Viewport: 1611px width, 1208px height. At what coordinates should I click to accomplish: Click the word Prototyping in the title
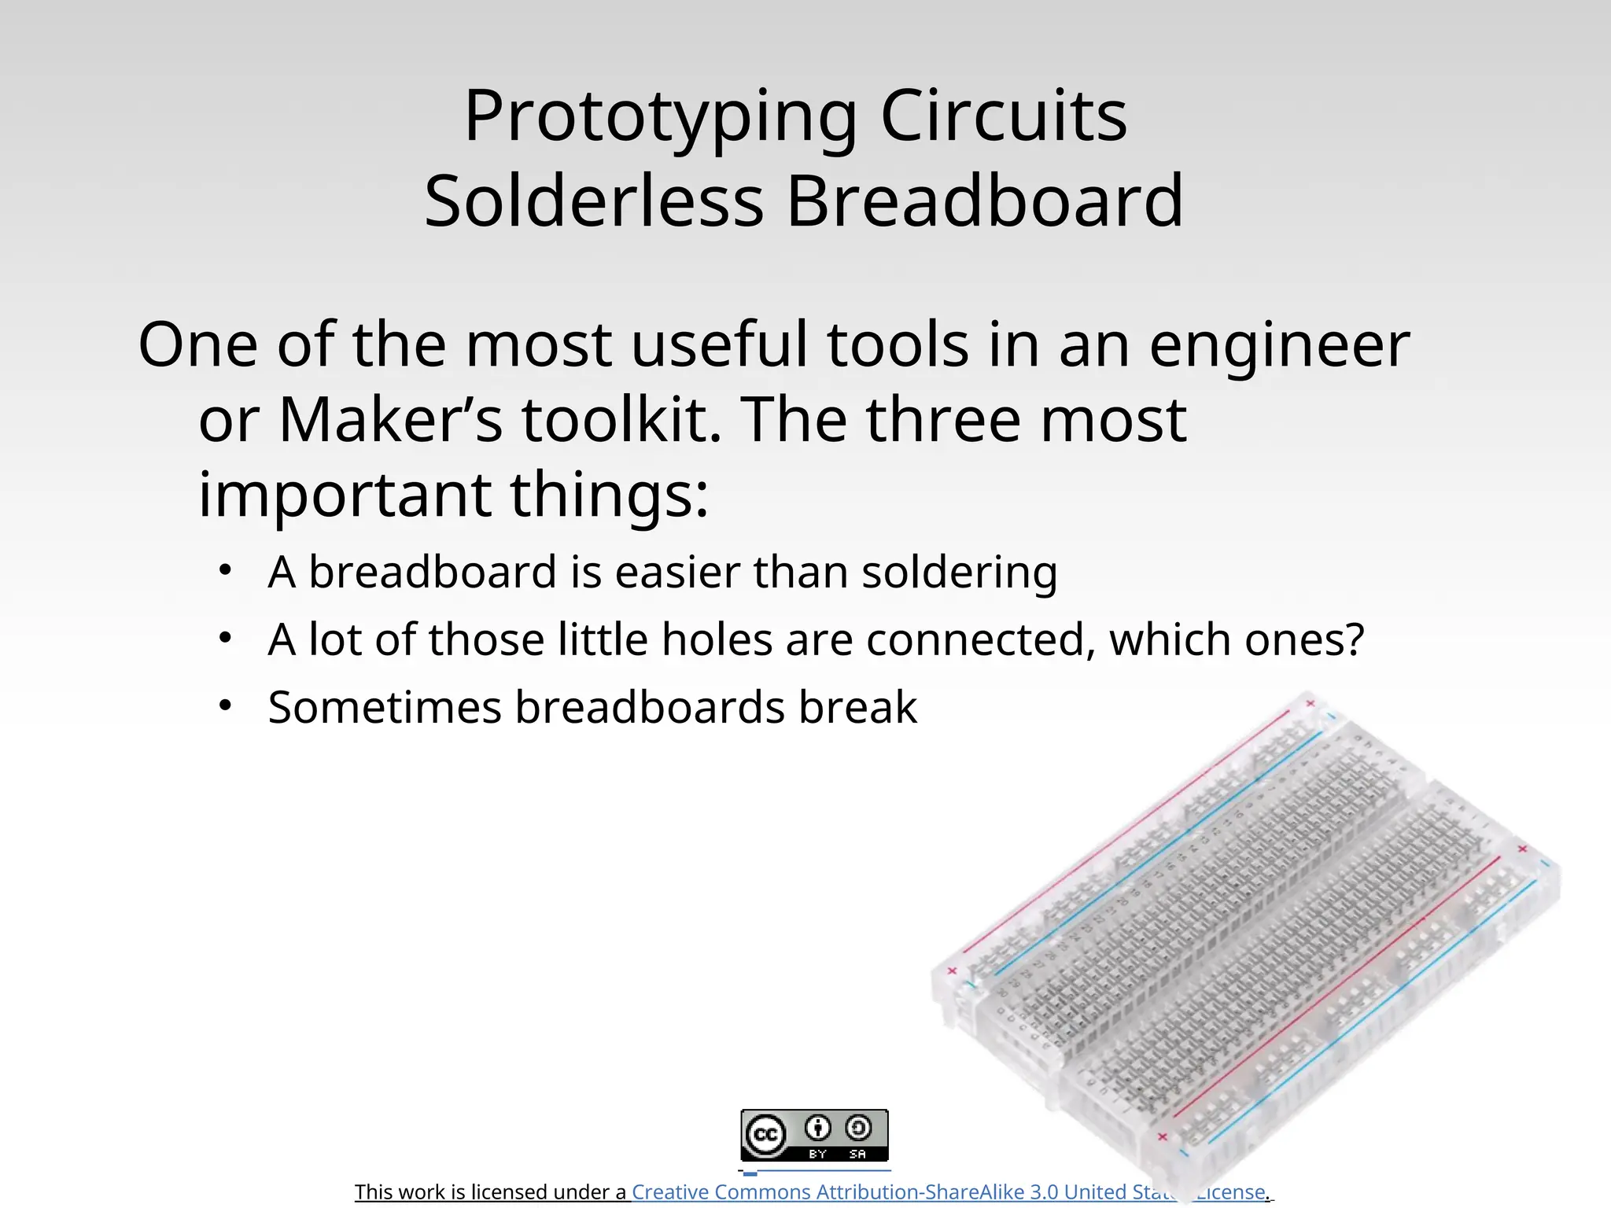point(659,118)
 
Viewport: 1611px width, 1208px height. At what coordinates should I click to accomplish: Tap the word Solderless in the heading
point(594,202)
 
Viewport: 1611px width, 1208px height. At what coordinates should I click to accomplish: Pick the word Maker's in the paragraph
point(390,421)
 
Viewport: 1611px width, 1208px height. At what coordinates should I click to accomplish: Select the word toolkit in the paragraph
point(621,421)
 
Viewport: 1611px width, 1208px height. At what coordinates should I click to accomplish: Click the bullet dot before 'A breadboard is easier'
point(226,570)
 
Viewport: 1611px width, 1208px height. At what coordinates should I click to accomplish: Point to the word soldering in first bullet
point(959,573)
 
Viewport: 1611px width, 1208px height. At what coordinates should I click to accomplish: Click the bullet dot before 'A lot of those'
point(226,638)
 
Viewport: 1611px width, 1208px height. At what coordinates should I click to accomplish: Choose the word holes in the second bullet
point(717,639)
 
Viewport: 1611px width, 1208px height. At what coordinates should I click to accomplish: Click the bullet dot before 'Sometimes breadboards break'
point(226,705)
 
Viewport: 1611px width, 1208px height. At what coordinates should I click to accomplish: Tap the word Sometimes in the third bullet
point(385,707)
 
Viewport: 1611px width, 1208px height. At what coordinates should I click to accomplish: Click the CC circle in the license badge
point(765,1134)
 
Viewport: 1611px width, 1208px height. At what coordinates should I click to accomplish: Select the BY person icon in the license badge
point(818,1129)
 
